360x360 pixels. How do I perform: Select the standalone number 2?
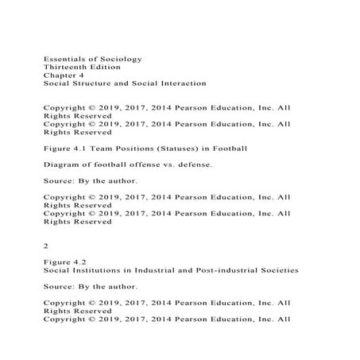(46, 246)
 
